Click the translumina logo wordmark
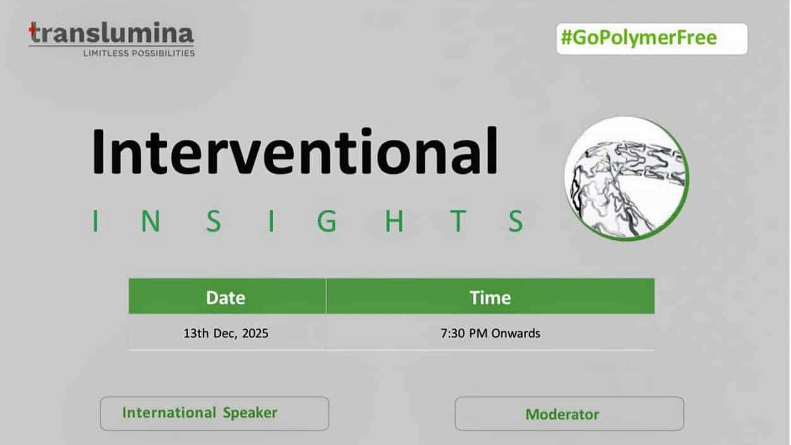click(x=111, y=33)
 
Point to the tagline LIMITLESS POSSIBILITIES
click(x=139, y=53)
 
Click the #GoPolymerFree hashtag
click(x=639, y=37)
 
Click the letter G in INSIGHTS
click(x=327, y=221)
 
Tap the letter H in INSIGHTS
click(x=394, y=221)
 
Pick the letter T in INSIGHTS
click(x=458, y=221)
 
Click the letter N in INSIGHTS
click(x=151, y=221)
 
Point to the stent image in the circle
click(x=626, y=178)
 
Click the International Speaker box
click(x=215, y=413)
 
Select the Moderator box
click(x=569, y=413)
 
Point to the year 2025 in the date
click(x=255, y=333)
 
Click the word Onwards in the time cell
click(x=515, y=333)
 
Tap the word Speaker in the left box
click(x=250, y=413)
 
